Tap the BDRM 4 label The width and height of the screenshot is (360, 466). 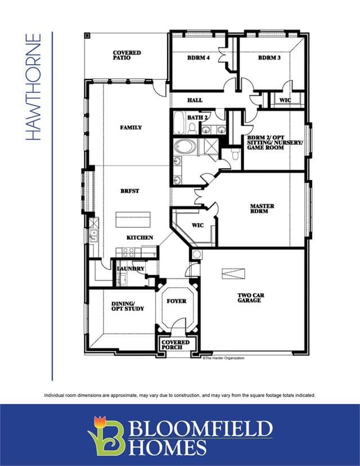[x=199, y=57]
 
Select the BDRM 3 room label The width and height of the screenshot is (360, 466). [x=269, y=57]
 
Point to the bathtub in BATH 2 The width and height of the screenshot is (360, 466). [x=179, y=123]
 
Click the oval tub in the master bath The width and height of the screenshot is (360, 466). [x=185, y=147]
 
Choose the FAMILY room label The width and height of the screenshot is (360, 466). [x=131, y=128]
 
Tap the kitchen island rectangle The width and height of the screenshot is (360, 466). [x=133, y=219]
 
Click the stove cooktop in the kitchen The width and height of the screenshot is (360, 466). [x=128, y=252]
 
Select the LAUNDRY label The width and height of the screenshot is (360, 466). [x=130, y=268]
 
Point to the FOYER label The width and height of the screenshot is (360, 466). [x=177, y=301]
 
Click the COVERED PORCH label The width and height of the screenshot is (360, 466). [x=175, y=345]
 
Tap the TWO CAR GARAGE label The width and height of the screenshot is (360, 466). [x=251, y=298]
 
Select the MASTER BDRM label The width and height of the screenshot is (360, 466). [x=262, y=208]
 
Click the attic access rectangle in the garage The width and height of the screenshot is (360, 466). [x=233, y=274]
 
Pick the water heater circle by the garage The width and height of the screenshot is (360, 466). [x=196, y=254]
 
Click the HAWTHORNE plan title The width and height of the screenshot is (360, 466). [x=33, y=87]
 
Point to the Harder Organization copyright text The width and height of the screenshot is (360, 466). [x=223, y=358]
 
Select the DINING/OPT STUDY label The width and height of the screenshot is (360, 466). [x=128, y=306]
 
